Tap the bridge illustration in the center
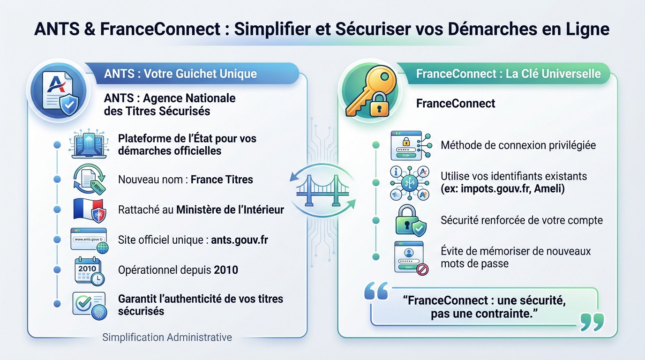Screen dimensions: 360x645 (322, 190)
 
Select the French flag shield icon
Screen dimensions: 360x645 (90, 210)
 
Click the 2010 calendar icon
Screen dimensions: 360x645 (89, 270)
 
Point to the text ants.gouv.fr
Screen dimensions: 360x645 (240, 240)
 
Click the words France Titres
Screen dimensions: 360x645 (222, 180)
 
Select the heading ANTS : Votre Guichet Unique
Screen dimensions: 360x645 (180, 74)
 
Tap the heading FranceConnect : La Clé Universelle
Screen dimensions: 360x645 (508, 74)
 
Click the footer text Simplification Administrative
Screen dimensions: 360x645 (167, 337)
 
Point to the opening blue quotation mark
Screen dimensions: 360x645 (376, 291)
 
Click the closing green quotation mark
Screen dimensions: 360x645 (592, 322)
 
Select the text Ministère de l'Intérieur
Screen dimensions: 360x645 (230, 210)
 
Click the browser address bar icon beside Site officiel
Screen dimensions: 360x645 (89, 240)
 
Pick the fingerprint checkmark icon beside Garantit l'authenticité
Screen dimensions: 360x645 (89, 305)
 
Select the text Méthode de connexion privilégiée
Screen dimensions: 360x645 (518, 145)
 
